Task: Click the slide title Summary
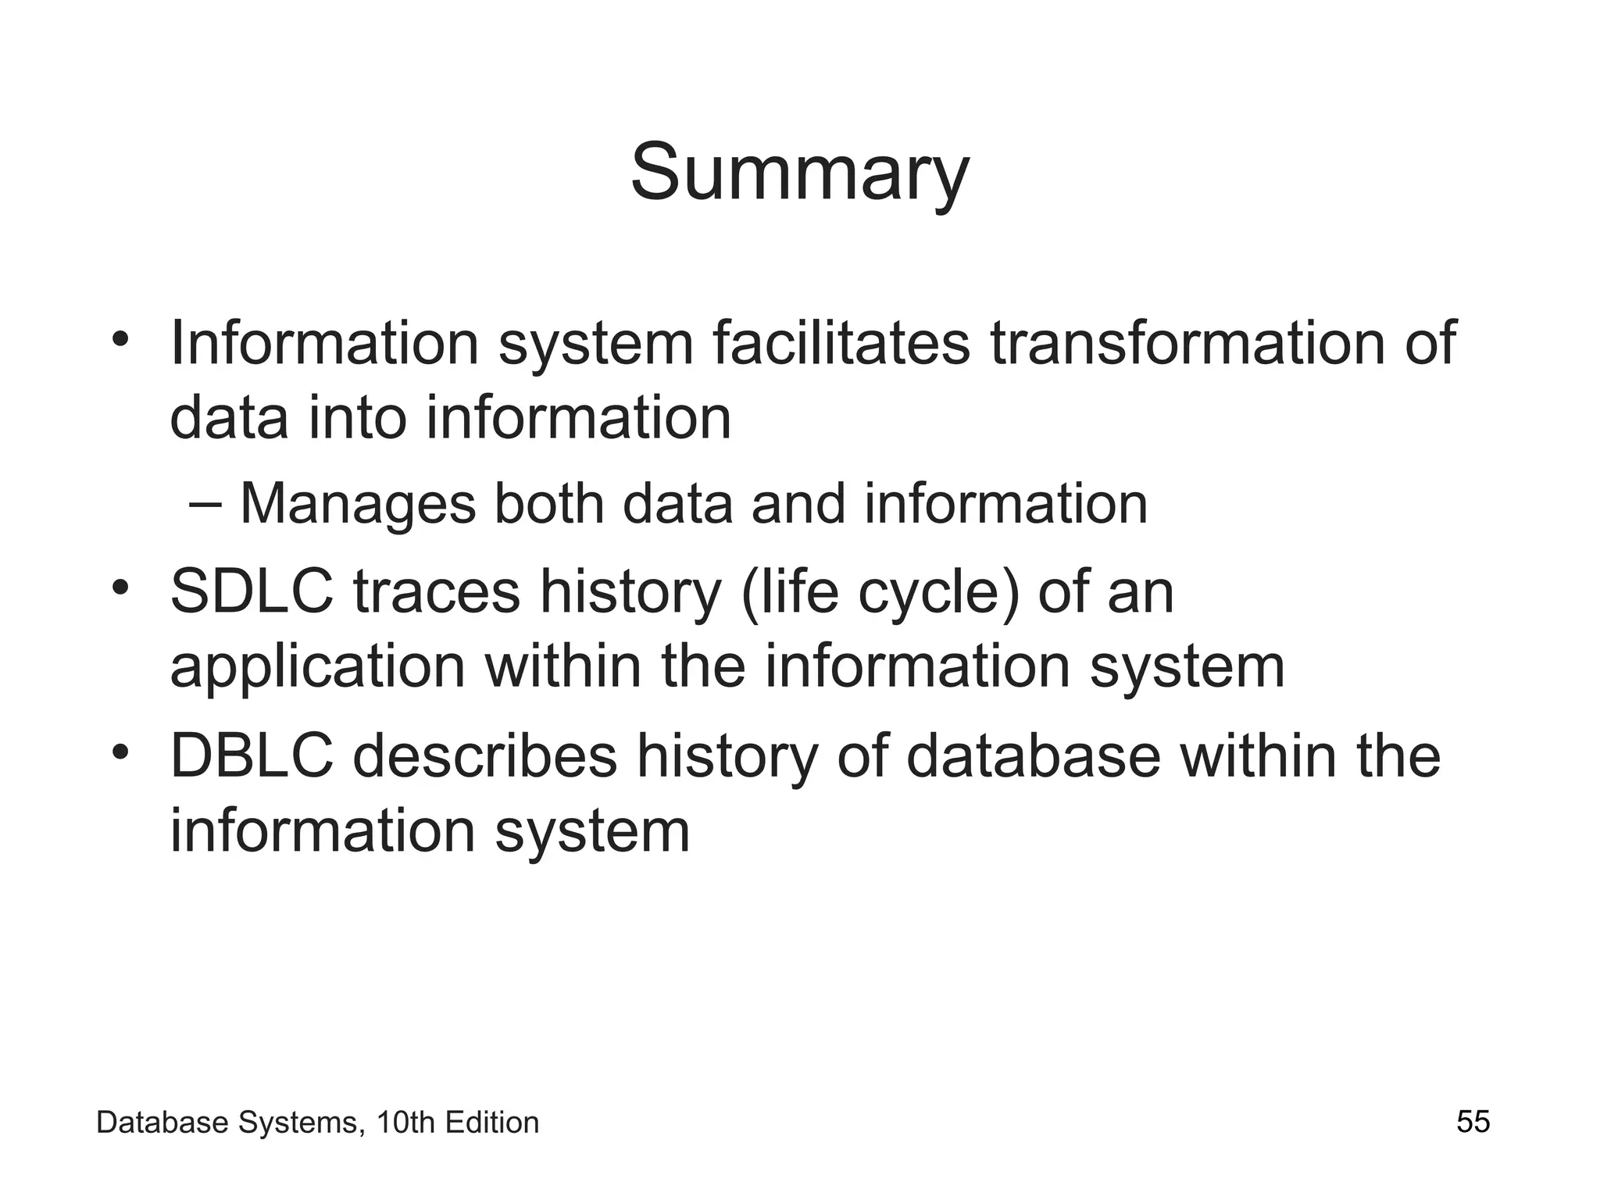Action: [x=799, y=173]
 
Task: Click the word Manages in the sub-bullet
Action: [x=357, y=504]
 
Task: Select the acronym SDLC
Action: [x=252, y=592]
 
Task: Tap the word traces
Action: [x=436, y=592]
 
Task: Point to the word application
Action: [x=317, y=666]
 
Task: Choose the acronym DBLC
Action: [x=252, y=756]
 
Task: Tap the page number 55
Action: [x=1473, y=1122]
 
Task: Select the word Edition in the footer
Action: [x=491, y=1123]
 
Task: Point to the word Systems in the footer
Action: [x=300, y=1123]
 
